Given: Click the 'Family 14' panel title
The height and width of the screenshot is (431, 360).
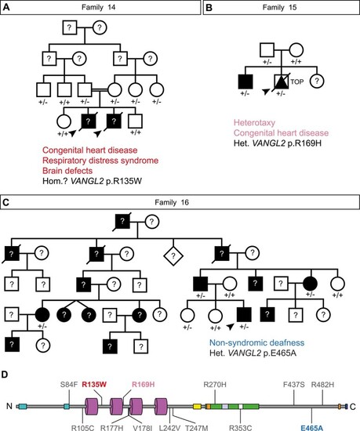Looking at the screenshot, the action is click(x=98, y=7).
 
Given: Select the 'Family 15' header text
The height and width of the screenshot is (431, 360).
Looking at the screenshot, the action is click(x=279, y=7).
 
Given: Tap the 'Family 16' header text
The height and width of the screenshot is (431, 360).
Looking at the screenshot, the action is click(x=172, y=203).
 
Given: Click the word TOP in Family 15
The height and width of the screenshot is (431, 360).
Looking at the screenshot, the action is click(x=297, y=81).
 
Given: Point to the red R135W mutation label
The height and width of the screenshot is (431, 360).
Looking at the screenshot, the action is click(x=94, y=384).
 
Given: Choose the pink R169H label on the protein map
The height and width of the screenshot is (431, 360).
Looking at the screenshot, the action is click(x=143, y=384).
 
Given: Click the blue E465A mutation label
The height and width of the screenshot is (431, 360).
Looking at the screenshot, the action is click(x=311, y=428).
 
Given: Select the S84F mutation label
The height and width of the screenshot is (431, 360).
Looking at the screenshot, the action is click(x=69, y=384).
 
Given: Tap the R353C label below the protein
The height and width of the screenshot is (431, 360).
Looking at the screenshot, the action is click(x=241, y=428).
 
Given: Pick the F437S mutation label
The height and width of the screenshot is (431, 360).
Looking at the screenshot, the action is click(x=293, y=384).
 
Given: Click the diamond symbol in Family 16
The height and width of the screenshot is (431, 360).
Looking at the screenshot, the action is click(x=173, y=256).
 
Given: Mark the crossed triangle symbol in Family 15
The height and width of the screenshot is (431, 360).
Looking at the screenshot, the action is click(x=281, y=81).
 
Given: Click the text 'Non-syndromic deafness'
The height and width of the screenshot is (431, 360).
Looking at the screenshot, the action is click(x=257, y=342).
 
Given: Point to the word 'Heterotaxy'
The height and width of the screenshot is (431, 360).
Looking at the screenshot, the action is click(x=254, y=122).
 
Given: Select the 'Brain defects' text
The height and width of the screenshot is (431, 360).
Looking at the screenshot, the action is click(x=67, y=171).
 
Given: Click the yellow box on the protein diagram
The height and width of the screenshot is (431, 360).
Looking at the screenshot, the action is click(x=197, y=406).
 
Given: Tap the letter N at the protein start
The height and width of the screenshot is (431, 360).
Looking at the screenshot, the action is click(x=9, y=406).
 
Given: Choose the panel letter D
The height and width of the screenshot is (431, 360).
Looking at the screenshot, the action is click(x=5, y=375).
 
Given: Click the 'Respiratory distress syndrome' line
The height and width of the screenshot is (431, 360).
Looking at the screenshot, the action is click(x=100, y=161).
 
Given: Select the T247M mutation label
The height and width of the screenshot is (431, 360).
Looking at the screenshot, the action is click(x=196, y=428).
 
